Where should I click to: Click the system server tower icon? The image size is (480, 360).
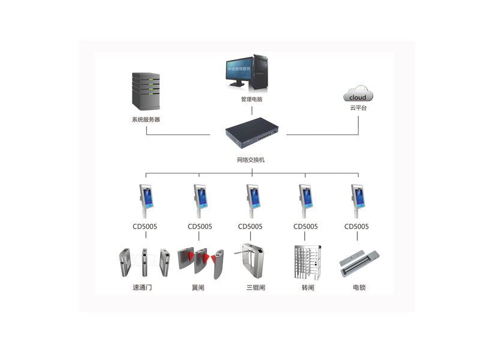[x=146, y=91]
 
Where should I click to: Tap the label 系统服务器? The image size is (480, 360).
[x=146, y=119]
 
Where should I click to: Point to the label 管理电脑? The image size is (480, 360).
[x=251, y=99]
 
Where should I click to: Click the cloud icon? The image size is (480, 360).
[x=358, y=95]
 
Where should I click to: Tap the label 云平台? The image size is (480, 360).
[x=358, y=108]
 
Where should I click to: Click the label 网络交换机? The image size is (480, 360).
[x=251, y=160]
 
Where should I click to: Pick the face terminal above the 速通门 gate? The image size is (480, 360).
[x=146, y=198]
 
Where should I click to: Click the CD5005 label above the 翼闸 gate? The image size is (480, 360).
[x=200, y=227]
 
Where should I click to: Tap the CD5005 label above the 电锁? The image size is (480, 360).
[x=357, y=227]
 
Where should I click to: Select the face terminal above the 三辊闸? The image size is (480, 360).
[x=252, y=198]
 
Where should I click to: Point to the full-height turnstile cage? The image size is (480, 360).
[x=308, y=262]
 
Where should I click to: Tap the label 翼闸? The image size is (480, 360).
[x=198, y=288]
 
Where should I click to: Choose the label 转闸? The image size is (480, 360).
[x=308, y=288]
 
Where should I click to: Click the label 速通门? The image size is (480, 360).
[x=142, y=288]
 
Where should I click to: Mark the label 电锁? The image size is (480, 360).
[x=359, y=288]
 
